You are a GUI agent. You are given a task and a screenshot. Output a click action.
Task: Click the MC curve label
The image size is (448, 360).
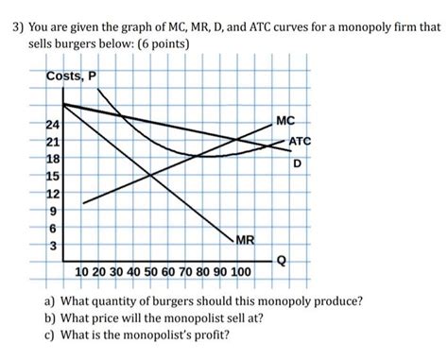pos(285,120)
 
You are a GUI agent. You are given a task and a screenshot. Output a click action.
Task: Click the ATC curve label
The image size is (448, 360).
pos(300,143)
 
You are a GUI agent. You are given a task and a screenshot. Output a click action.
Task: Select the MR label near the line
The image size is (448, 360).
pos(245,241)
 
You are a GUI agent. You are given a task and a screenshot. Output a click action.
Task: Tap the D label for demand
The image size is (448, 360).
pos(298,163)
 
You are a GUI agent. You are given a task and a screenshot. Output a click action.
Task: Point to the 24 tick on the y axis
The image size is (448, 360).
pos(53,125)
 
